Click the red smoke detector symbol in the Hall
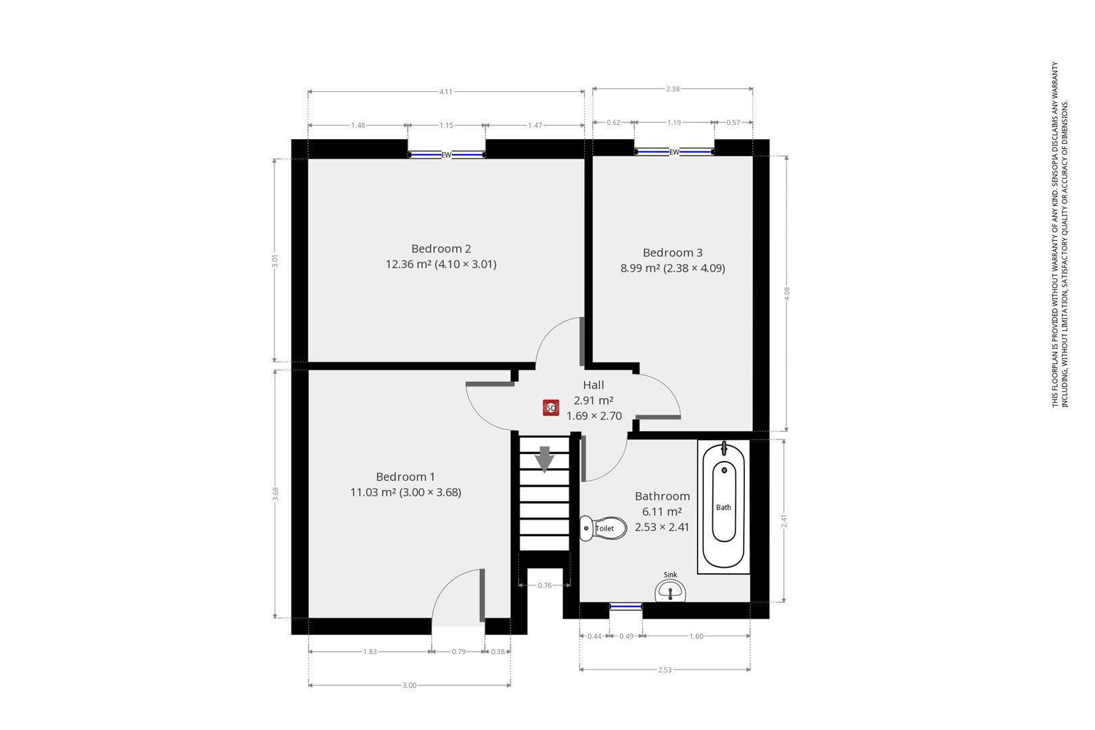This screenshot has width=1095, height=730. (551, 408)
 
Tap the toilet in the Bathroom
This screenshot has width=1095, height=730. (603, 528)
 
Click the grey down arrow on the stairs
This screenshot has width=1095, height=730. (544, 460)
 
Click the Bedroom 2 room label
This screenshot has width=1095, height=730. (441, 249)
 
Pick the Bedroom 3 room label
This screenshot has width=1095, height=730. (673, 253)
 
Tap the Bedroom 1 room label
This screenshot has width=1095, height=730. (406, 477)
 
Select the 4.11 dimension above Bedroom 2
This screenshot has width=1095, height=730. (446, 91)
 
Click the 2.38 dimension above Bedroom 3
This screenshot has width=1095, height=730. (673, 89)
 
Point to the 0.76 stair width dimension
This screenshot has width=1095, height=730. (545, 585)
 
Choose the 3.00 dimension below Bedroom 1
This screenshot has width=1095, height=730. (410, 685)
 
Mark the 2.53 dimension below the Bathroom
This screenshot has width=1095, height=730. (665, 670)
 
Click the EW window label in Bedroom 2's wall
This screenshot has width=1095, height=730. (446, 155)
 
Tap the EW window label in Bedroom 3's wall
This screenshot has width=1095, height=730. (674, 152)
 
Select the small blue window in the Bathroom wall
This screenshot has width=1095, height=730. (626, 607)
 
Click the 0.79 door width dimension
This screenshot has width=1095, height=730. (458, 652)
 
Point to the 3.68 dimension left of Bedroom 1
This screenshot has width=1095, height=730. (275, 493)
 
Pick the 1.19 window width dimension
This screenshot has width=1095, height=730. (674, 123)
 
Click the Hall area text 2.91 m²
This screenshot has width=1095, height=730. (593, 400)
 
